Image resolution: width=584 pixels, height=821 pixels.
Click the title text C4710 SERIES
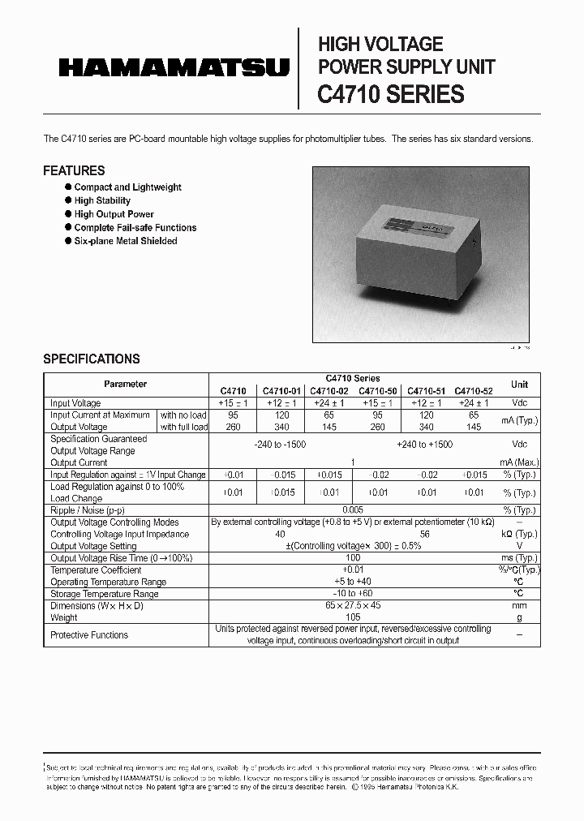coord(390,94)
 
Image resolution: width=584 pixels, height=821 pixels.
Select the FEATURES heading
coord(74,170)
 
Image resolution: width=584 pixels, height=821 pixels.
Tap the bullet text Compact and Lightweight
coord(127,187)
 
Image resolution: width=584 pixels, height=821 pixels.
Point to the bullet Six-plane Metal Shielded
coord(125,241)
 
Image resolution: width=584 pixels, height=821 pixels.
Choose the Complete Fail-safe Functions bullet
coord(135,228)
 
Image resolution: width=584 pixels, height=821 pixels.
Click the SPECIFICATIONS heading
coord(91,359)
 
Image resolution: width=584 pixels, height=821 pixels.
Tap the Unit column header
coord(519,385)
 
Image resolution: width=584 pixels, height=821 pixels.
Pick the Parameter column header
coord(126,385)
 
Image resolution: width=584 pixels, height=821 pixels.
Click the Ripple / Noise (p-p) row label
coord(88,510)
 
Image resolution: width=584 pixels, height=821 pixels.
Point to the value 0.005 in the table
coord(353,510)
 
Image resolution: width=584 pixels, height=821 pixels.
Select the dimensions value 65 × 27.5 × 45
coord(353,606)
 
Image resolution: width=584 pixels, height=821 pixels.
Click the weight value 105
coord(353,617)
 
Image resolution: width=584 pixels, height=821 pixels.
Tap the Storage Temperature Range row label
coord(104,594)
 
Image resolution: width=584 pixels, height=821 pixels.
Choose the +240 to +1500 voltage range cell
coord(425,445)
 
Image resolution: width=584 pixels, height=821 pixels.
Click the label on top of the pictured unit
coord(430,228)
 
